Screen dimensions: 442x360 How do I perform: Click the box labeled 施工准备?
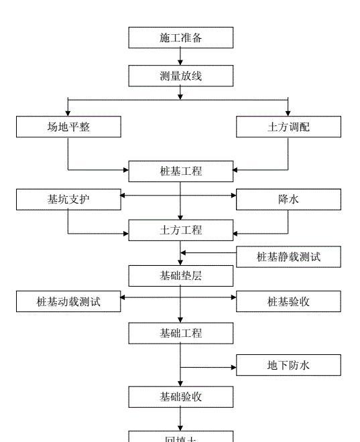[x=180, y=38]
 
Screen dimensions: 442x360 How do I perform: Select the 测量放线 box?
[x=180, y=76]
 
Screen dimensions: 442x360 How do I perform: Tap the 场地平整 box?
[x=68, y=127]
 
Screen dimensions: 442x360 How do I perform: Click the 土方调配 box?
[x=288, y=127]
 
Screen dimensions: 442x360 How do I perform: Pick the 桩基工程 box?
[x=180, y=171]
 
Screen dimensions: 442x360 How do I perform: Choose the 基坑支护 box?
[x=68, y=199]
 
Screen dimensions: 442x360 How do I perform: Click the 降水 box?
[x=288, y=199]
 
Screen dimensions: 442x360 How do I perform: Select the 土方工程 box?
[x=180, y=230]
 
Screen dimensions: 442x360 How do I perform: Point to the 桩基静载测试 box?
[x=288, y=256]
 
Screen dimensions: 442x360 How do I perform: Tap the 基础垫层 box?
[x=180, y=275]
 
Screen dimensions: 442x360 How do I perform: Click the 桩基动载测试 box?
[x=68, y=301]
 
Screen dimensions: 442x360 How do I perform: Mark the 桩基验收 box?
[x=288, y=301]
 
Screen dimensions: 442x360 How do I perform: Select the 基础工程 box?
[x=180, y=333]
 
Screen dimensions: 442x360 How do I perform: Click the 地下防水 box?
[x=288, y=365]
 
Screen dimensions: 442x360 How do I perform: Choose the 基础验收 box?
[x=180, y=396]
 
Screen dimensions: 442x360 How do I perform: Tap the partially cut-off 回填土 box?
[x=180, y=436]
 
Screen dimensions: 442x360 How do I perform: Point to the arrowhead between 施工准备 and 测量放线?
[x=180, y=62]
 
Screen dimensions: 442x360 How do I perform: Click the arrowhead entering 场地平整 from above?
[x=68, y=113]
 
